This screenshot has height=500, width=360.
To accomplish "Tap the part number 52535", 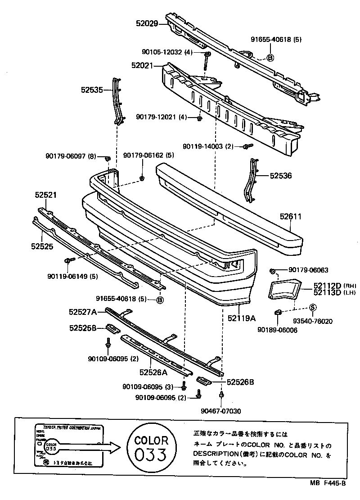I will (92, 90).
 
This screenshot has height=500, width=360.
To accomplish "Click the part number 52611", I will (290, 217).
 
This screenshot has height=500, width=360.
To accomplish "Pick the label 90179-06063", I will (308, 270).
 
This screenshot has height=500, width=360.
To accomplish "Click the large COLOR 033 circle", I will (152, 447).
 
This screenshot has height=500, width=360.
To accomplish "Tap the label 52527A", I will (83, 311).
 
